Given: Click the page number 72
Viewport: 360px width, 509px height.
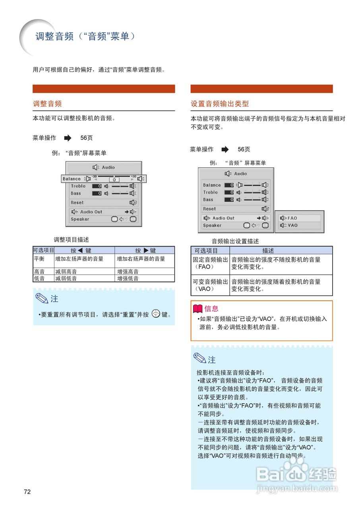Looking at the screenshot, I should [x=27, y=492].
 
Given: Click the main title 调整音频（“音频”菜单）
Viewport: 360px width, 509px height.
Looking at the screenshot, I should [x=85, y=37].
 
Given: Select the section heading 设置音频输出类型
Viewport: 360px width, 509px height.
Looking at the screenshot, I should [x=220, y=104].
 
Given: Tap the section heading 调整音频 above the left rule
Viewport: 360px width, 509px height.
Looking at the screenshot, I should [x=47, y=104].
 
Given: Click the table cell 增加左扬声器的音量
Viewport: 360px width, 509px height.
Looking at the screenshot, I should [x=79, y=259].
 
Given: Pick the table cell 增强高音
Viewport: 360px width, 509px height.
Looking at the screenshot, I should [x=128, y=272].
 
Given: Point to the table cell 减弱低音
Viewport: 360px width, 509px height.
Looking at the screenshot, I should [x=66, y=278].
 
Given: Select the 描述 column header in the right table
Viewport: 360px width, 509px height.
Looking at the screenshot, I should [x=268, y=251].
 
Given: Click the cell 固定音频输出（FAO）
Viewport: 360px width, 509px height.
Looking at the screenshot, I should [x=210, y=263].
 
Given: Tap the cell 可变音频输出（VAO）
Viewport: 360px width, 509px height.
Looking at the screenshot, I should [x=210, y=285].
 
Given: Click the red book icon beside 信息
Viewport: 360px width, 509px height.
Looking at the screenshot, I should [x=197, y=308].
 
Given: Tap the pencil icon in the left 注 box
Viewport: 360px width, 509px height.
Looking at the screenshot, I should [x=42, y=298].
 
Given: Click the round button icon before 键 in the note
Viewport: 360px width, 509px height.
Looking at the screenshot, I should [x=156, y=314].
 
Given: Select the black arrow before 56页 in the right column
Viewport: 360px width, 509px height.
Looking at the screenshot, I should [x=225, y=150].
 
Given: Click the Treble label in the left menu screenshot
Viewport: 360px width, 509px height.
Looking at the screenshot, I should [x=78, y=186].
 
